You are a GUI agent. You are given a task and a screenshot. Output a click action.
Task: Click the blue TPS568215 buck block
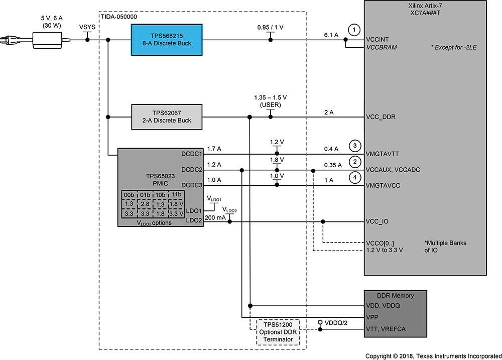pyautogui.click(x=167, y=40)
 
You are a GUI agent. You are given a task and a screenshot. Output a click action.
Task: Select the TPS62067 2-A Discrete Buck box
pyautogui.click(x=167, y=117)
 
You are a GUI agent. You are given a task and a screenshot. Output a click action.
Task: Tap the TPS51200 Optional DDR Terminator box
pyautogui.click(x=278, y=332)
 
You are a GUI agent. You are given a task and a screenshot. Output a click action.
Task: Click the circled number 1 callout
pyautogui.click(x=354, y=30)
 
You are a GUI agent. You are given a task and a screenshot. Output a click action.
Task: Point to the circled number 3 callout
pyautogui.click(x=355, y=146)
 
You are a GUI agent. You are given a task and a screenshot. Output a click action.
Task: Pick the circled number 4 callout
pyautogui.click(x=355, y=177)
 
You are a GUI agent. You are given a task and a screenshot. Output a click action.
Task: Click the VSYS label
pyautogui.click(x=87, y=27)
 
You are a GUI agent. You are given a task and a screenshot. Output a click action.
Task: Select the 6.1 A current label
pyautogui.click(x=331, y=35)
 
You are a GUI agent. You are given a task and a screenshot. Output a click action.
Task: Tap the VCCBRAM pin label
pyautogui.click(x=382, y=47)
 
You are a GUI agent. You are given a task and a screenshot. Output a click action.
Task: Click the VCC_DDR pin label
pyautogui.click(x=381, y=117)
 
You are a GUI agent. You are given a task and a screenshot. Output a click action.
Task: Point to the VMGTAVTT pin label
pyautogui.click(x=382, y=154)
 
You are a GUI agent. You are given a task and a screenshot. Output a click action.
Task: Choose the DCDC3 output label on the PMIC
pyautogui.click(x=192, y=185)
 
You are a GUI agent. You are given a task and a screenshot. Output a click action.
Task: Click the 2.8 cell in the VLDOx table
pyautogui.click(x=145, y=204)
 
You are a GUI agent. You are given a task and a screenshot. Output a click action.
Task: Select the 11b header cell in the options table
pyautogui.click(x=176, y=195)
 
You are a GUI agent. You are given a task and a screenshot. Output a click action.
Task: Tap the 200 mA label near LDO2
pyautogui.click(x=215, y=218)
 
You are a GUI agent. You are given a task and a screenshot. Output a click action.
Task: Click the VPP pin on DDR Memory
pyautogui.click(x=372, y=317)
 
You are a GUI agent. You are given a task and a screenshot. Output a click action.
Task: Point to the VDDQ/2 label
pyautogui.click(x=336, y=323)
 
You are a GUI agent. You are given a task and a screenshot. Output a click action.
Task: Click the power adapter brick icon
pyautogui.click(x=47, y=40)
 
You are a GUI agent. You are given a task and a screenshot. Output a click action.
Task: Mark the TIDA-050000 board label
pyautogui.click(x=119, y=17)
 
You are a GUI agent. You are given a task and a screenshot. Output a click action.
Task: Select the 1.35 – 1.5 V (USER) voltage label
pyautogui.click(x=271, y=101)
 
